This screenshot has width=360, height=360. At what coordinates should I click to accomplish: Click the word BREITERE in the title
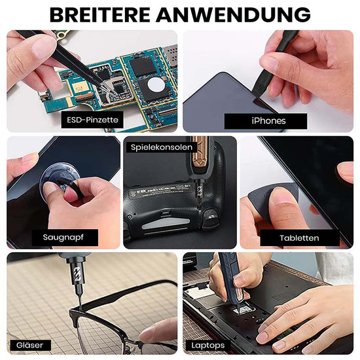[100, 14]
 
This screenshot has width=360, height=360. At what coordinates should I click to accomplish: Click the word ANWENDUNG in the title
[233, 14]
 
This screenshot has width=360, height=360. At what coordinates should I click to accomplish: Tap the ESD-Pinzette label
[92, 120]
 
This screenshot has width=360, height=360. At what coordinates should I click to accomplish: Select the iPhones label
[266, 121]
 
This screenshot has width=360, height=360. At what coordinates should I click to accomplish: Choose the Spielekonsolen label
[162, 147]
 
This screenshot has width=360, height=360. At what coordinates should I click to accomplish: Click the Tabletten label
[300, 238]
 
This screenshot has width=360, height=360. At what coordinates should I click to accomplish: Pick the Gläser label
[30, 345]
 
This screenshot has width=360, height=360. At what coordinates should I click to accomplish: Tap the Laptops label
[208, 345]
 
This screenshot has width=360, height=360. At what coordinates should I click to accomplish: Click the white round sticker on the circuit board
[156, 85]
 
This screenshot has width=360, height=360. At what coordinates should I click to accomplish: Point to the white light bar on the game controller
[166, 224]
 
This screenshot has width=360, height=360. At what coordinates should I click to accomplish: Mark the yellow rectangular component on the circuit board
[79, 88]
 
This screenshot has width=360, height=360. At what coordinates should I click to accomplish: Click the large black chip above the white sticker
[143, 66]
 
